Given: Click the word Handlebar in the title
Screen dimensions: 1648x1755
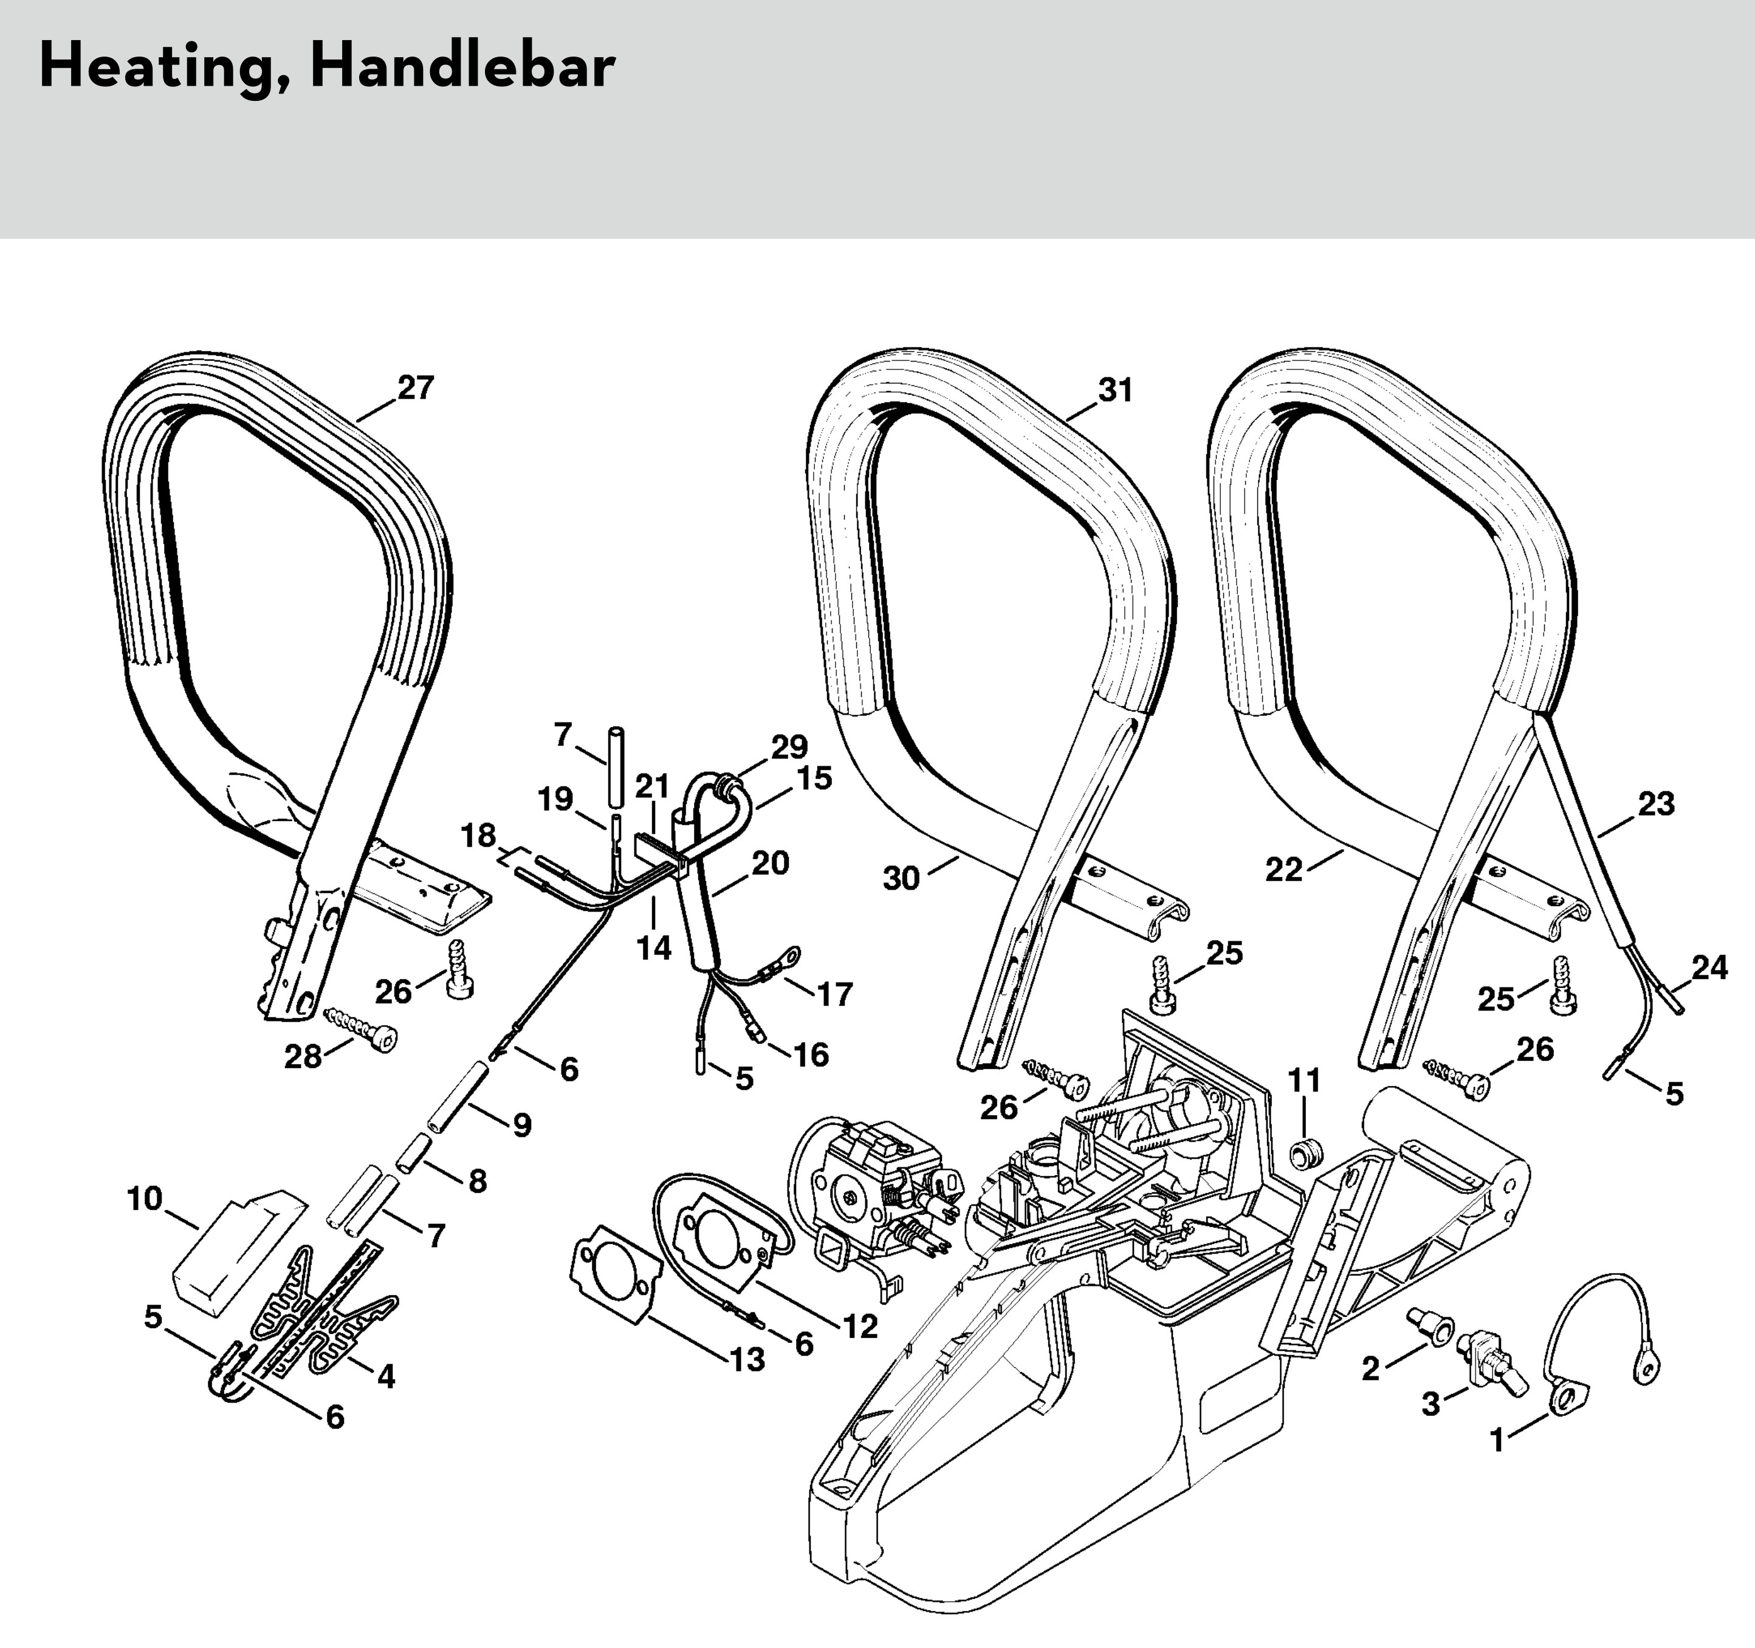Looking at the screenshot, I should click(462, 67).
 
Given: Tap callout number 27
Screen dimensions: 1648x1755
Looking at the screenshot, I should click(416, 388).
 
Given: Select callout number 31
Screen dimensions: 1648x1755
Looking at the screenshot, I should click(1115, 390).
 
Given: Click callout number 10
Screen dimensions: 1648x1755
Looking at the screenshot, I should click(145, 1199).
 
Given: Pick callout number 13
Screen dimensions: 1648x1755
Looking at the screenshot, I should click(747, 1360).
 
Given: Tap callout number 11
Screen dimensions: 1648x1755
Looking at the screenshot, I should click(1304, 1080).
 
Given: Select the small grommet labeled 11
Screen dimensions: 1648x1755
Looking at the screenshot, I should click(1305, 1152).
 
